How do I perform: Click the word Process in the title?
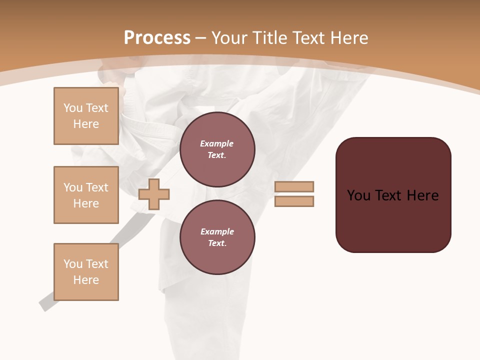pyautogui.click(x=157, y=37)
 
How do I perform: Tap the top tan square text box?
pyautogui.click(x=86, y=116)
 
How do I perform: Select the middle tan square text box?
pyautogui.click(x=86, y=195)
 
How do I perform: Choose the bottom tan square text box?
pyautogui.click(x=86, y=272)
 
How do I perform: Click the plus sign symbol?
pyautogui.click(x=154, y=194)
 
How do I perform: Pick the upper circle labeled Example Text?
pyautogui.click(x=217, y=149)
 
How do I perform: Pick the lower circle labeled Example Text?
pyautogui.click(x=217, y=237)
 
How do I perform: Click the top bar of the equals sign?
pyautogui.click(x=294, y=186)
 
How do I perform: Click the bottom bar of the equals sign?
pyautogui.click(x=294, y=201)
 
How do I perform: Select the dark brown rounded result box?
pyautogui.click(x=393, y=220)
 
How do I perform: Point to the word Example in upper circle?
pyautogui.click(x=217, y=143)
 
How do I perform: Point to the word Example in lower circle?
pyautogui.click(x=217, y=231)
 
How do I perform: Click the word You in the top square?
pyautogui.click(x=72, y=108)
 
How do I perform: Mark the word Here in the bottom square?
pyautogui.click(x=86, y=280)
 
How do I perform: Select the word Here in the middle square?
pyautogui.click(x=86, y=203)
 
